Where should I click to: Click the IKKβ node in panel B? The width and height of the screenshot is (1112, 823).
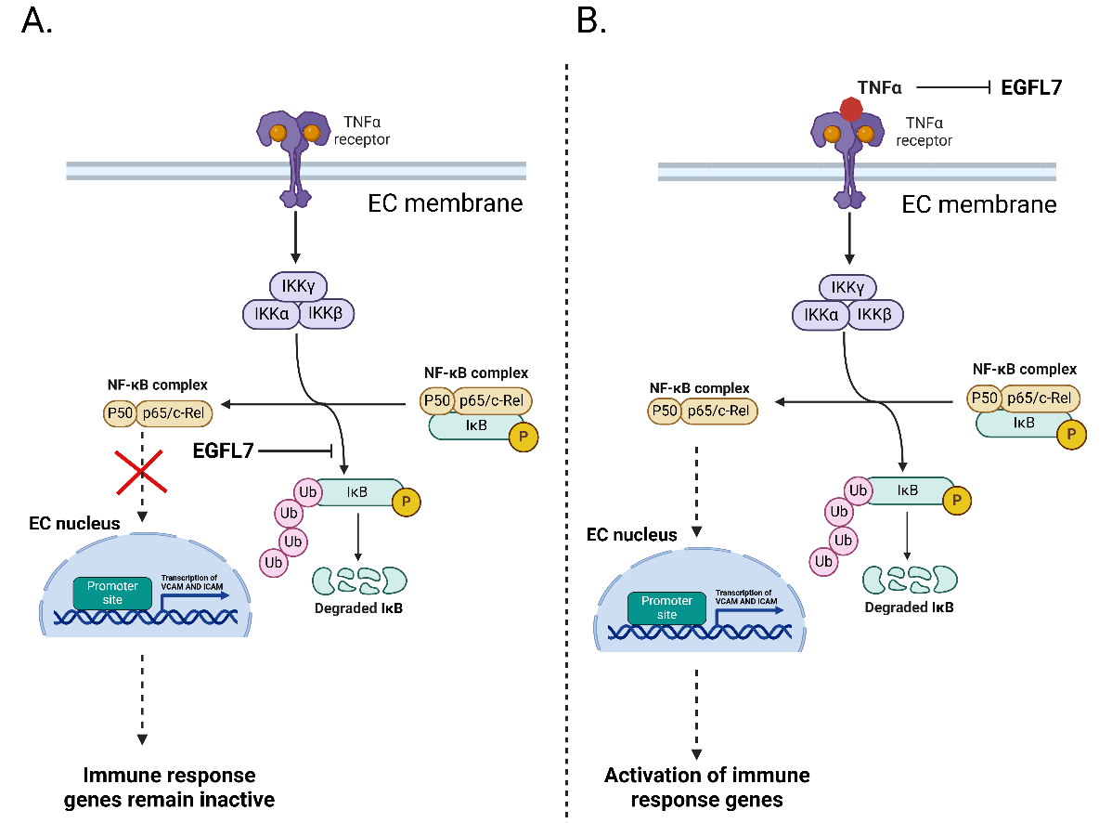(x=873, y=316)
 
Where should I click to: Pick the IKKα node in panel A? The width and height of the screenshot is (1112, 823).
(x=270, y=314)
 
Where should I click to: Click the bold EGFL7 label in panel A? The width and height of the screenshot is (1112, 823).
(x=224, y=451)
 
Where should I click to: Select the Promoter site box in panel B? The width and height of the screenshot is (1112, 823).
(x=666, y=607)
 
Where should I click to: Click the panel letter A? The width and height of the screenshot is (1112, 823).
(x=36, y=21)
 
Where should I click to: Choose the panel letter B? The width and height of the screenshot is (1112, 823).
(x=590, y=21)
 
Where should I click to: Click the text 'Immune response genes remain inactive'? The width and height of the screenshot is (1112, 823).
(x=170, y=787)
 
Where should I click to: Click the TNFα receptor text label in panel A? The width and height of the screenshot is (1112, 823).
(x=360, y=132)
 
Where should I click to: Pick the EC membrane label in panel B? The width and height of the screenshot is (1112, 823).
(x=979, y=203)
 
